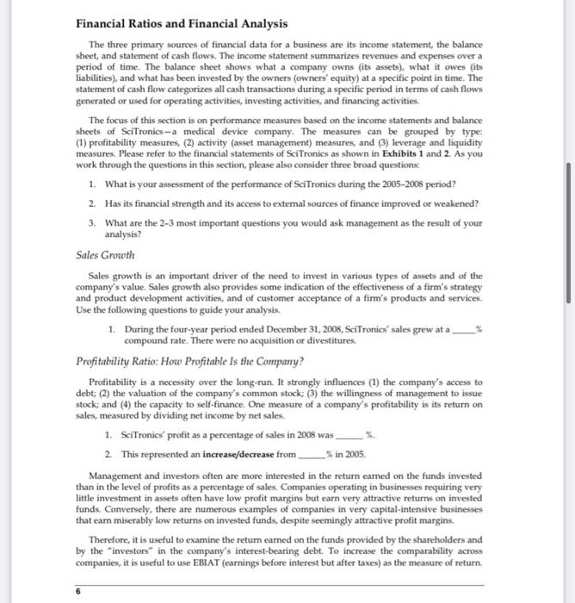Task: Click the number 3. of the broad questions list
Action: point(92,221)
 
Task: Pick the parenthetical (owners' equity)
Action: point(281,91)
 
